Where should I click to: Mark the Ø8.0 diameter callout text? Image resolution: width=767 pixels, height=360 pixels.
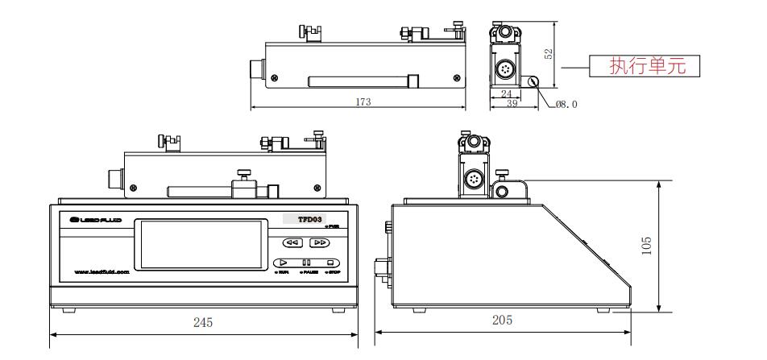click(x=567, y=104)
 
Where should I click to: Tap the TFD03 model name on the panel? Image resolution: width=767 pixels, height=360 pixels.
click(x=312, y=219)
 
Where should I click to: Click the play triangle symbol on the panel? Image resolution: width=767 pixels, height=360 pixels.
click(x=283, y=263)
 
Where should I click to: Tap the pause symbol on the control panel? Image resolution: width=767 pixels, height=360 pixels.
click(x=306, y=263)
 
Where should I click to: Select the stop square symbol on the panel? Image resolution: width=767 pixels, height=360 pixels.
click(x=330, y=263)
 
